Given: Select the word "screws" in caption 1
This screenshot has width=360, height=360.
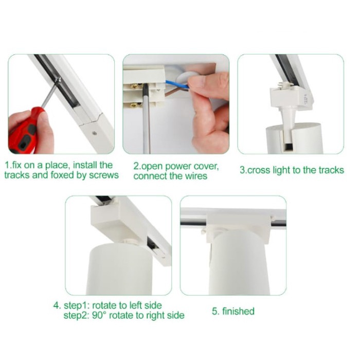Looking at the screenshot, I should click(104, 175).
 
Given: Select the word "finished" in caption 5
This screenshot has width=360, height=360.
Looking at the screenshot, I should click(238, 311).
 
